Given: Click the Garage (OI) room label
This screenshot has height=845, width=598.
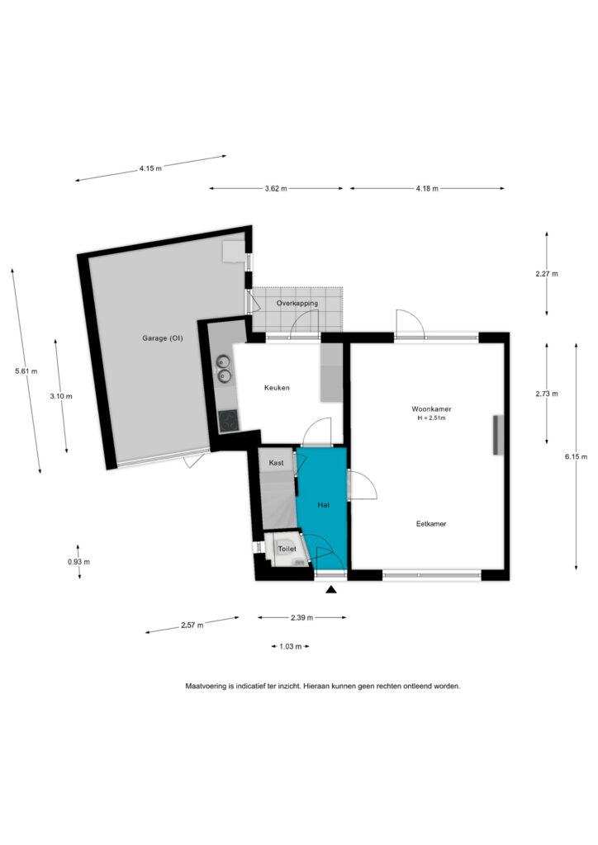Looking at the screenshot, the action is coord(163,338).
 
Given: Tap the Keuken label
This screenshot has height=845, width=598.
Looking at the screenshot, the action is coord(277,388).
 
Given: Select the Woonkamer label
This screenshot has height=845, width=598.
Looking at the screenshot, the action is coord(431,409).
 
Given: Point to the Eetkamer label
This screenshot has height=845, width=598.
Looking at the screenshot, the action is coord(431,524).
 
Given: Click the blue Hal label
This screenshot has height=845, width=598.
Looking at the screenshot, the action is coord(324,505).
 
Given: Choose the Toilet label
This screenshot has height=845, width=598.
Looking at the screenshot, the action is coord(287,549).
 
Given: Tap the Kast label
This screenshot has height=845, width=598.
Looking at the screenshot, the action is coord(276,463).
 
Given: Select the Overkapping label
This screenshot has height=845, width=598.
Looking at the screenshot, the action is coord(297,304).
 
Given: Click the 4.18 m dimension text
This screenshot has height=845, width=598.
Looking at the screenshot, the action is coord(427,189).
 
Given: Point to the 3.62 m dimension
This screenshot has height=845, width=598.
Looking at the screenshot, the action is coord(276,189).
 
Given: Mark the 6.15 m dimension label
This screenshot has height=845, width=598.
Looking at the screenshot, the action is coord(576,456).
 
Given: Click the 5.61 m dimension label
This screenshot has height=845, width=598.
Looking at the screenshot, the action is coord(26,371).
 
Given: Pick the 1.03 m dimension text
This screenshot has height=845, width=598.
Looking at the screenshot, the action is coord(290,646).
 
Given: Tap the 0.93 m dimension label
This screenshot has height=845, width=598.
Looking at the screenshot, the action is coord(78,561).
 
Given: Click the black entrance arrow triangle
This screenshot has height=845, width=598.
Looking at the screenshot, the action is coord(331,589).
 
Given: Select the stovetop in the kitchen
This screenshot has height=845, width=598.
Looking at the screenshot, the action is coord(228,421).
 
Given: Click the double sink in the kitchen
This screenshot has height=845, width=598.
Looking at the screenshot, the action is coord(224,369).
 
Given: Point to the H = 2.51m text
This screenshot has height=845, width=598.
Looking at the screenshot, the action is coord(431,418).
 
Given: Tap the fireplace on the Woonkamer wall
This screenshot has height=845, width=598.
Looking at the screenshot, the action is coord(498,435).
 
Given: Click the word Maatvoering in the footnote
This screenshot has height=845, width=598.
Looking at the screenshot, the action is coord(206,687).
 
